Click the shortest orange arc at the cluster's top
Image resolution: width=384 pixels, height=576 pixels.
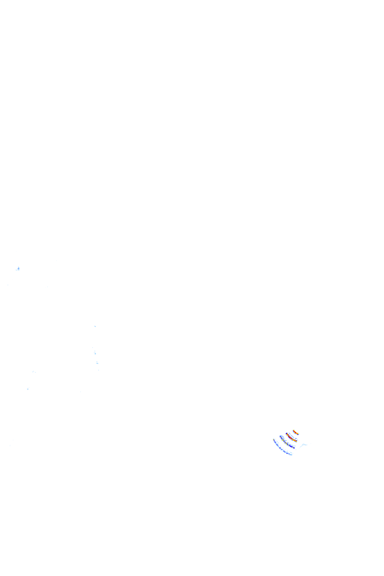pos(295,432)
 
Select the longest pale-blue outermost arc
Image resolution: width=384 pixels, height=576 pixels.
pos(280,448)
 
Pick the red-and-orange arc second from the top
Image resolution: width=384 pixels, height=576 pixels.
pos(291,437)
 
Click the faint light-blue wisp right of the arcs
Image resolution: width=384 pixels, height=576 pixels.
pos(304,445)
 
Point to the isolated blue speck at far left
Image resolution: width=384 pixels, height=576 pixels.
pos(18,268)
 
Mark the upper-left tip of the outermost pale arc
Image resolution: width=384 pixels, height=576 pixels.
pos(274,439)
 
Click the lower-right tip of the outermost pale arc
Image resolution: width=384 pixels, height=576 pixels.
pos(292,454)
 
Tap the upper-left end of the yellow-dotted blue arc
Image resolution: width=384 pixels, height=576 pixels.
pos(280,436)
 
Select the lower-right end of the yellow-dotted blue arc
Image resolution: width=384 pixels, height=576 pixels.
pos(294,448)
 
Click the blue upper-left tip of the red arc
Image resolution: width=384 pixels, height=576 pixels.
pos(286,433)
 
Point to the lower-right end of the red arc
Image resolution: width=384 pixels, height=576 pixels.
pos(296,441)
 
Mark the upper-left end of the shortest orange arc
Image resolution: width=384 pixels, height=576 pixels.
pos(294,430)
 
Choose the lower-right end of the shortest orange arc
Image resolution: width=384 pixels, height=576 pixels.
pos(298,434)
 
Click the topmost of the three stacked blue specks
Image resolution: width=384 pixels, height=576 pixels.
pos(94,325)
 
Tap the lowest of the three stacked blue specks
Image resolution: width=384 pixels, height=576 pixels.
pos(97,362)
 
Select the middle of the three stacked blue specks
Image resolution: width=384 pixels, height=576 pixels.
pos(94,352)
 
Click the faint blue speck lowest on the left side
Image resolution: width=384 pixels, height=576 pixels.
pos(28,388)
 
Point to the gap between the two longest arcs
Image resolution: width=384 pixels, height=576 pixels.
pos(283,445)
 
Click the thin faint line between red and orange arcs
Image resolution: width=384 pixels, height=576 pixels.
pos(292,435)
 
